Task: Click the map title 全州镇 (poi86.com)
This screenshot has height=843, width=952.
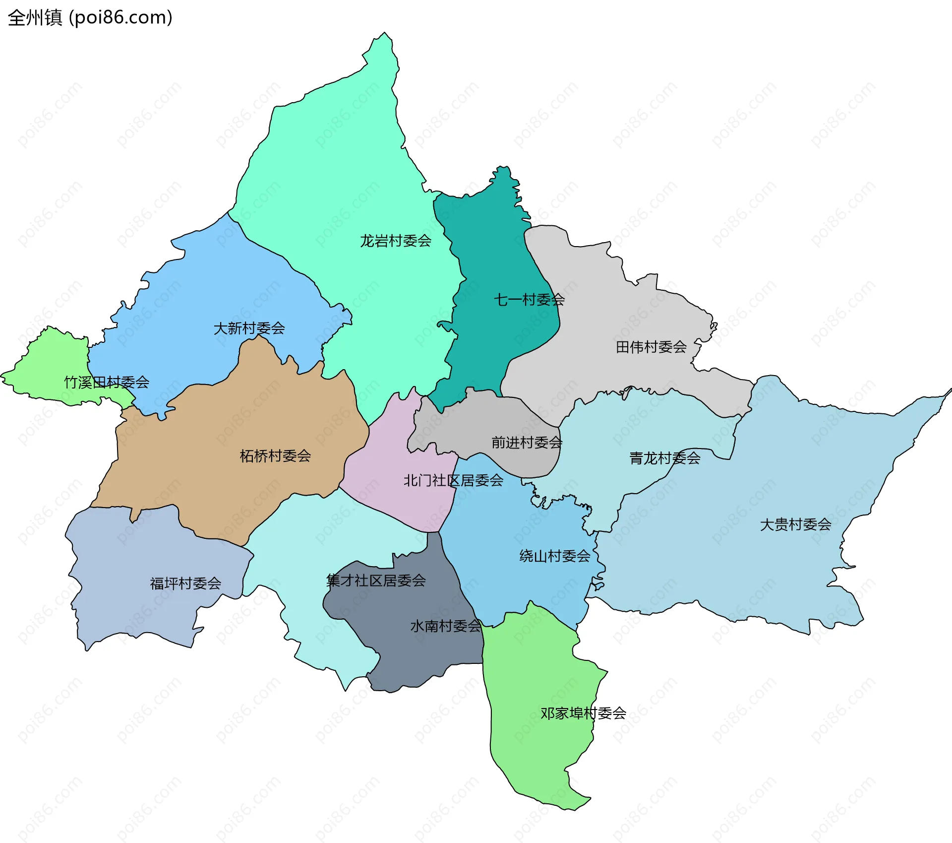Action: click(x=90, y=18)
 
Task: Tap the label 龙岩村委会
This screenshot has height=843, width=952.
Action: click(x=395, y=241)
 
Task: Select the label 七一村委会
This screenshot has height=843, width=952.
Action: click(x=529, y=300)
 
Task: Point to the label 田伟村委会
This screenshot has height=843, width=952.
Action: click(x=651, y=347)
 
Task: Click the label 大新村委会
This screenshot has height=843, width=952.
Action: click(x=249, y=328)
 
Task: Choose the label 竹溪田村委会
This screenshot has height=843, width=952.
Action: click(x=107, y=383)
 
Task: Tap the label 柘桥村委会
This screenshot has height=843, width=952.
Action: click(x=275, y=456)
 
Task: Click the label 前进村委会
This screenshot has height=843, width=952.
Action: click(x=527, y=443)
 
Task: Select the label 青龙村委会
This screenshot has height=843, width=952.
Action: click(x=664, y=458)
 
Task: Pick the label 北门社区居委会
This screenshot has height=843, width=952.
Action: click(x=453, y=480)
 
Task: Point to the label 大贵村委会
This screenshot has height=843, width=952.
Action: click(x=795, y=524)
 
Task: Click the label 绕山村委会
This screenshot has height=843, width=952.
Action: click(x=554, y=556)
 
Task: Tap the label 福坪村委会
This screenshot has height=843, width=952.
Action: click(x=185, y=584)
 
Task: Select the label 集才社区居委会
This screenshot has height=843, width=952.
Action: click(x=376, y=581)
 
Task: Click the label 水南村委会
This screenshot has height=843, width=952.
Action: click(x=445, y=626)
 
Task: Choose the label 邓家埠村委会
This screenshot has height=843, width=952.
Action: click(x=583, y=713)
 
